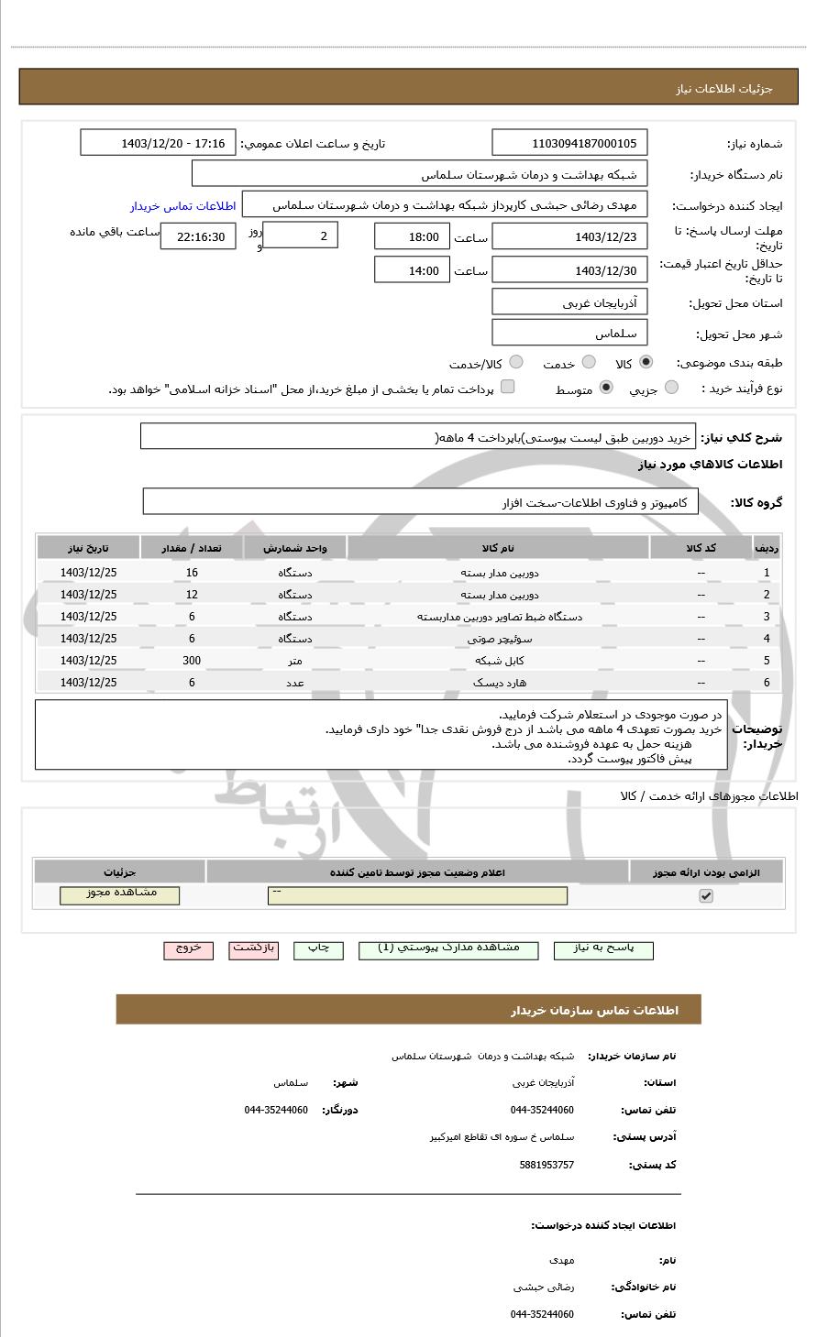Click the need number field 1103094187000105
pos(569,143)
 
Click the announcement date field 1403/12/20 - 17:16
pos(158,143)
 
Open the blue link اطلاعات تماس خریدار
pos(182,206)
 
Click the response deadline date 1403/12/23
pos(569,236)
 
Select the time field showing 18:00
pos(412,236)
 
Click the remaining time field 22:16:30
pos(198,236)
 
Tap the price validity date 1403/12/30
pos(569,270)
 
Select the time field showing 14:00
pos(412,270)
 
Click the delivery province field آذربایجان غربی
pos(569,303)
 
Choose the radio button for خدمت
pos(589,363)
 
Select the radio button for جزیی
pos(671,389)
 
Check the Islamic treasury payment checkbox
pos(507,388)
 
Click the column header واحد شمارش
pos(294,548)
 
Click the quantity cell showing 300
pos(192,661)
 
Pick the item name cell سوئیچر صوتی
pos(499,639)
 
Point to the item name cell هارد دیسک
pos(499,683)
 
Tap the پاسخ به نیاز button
pos(603,949)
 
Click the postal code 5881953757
pos(547,1165)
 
